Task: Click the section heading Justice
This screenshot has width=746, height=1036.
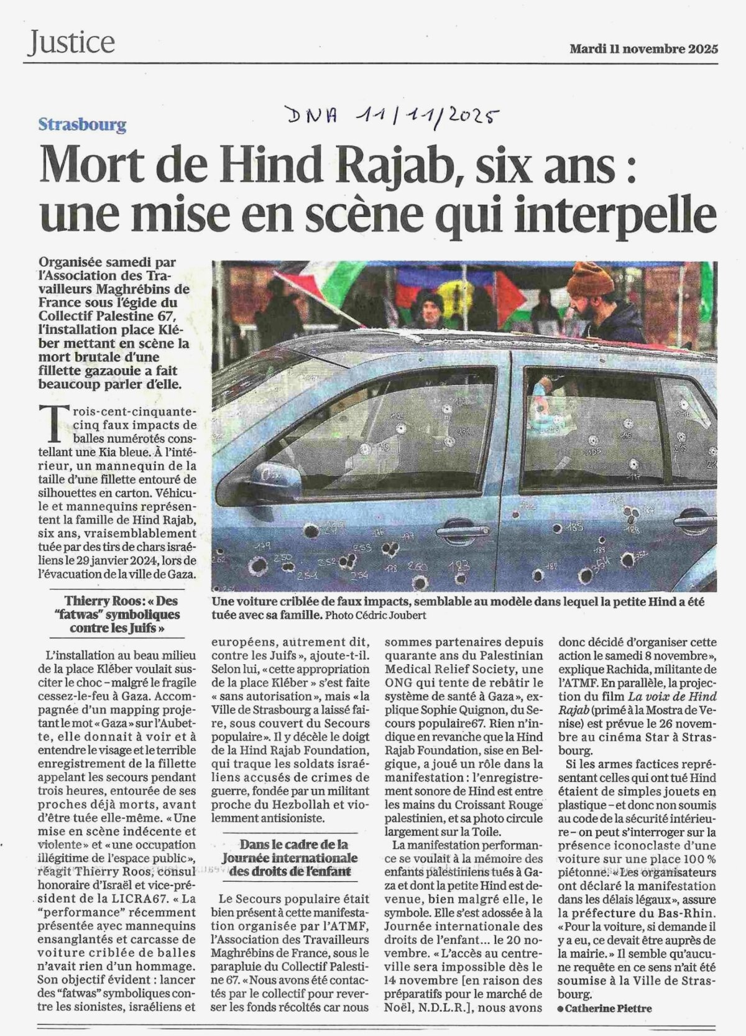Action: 71,42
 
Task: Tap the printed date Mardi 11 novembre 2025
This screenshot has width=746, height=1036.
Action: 643,49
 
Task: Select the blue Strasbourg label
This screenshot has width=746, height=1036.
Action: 82,124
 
